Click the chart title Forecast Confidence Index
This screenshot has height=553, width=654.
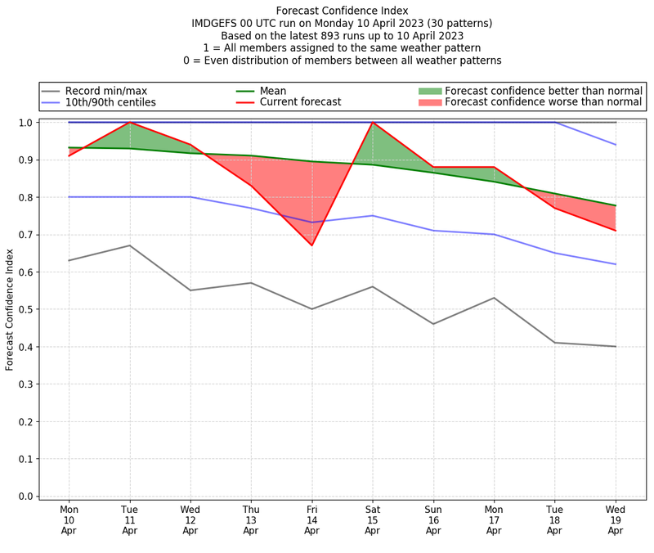tap(342, 11)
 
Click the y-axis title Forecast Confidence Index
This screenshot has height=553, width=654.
tap(11, 309)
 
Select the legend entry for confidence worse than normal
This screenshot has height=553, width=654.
tap(544, 102)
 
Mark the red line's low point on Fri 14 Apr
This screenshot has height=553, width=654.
tap(311, 245)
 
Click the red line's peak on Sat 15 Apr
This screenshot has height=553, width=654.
tap(372, 123)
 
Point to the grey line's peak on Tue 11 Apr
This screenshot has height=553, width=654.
tap(129, 245)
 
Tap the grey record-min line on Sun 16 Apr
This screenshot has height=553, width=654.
tap(432, 324)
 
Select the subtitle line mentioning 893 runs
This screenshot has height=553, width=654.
tap(342, 36)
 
